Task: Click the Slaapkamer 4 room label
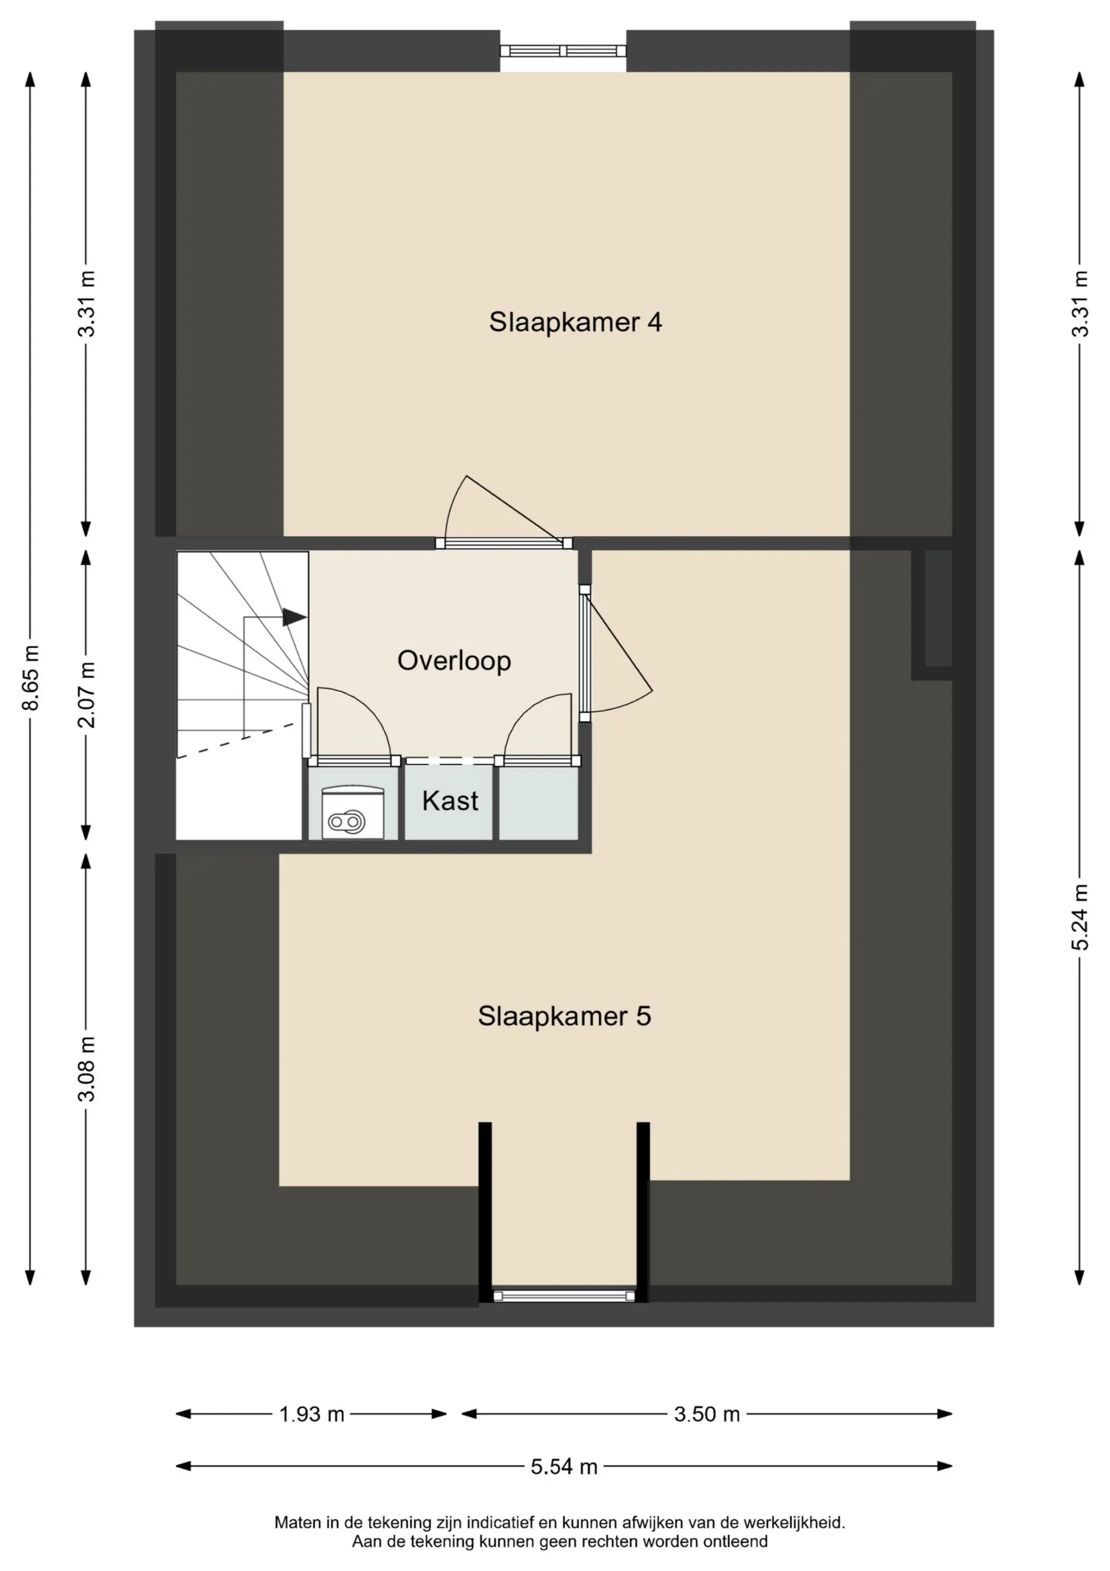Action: [575, 322]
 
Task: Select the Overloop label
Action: [454, 660]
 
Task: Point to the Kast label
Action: [450, 801]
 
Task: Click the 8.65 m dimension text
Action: [31, 678]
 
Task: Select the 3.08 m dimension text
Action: [87, 1069]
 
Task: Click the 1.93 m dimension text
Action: [311, 1414]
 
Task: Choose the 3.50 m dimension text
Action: [707, 1414]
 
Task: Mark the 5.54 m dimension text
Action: [564, 1467]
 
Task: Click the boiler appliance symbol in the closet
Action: [353, 812]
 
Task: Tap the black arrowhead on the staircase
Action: [294, 617]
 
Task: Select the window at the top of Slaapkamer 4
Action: [563, 51]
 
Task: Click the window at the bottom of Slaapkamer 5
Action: [564, 1296]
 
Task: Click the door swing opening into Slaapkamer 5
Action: [621, 650]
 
